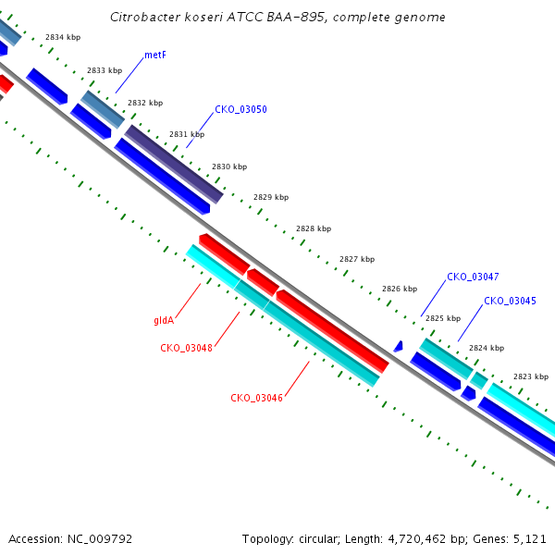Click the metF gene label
click(x=155, y=55)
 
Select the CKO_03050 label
click(x=240, y=109)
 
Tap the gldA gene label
click(x=164, y=320)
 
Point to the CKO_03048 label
click(x=186, y=348)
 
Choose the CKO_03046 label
click(x=256, y=398)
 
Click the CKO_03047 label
click(x=473, y=277)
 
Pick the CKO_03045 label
click(x=510, y=301)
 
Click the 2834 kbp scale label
click(x=63, y=37)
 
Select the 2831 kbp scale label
click(x=187, y=134)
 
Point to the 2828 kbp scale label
click(x=314, y=228)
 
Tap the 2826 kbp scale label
click(x=400, y=289)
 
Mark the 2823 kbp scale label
click(x=531, y=376)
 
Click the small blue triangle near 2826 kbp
click(x=399, y=347)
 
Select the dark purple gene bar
click(x=174, y=165)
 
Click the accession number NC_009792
click(x=100, y=539)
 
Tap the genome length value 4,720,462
click(x=417, y=539)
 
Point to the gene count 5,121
click(x=529, y=539)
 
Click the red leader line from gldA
click(x=188, y=301)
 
